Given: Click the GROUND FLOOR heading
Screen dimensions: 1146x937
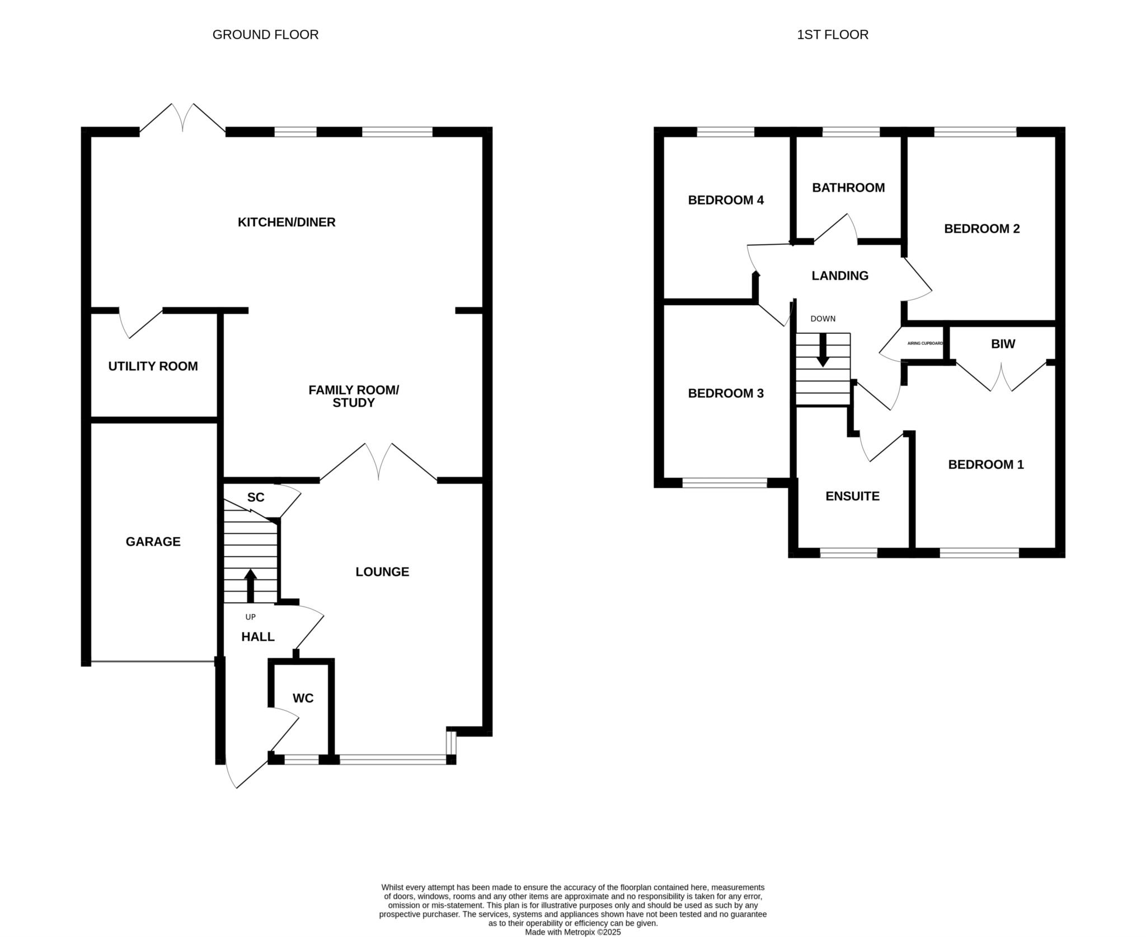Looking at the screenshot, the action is pyautogui.click(x=265, y=35).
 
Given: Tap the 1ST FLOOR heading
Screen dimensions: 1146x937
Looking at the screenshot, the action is pyautogui.click(x=833, y=35).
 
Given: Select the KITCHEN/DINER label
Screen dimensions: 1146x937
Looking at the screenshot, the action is pyautogui.click(x=286, y=222).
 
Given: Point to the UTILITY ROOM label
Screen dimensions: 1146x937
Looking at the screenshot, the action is pyautogui.click(x=153, y=366).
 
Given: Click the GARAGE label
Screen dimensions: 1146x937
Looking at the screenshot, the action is pyautogui.click(x=153, y=542).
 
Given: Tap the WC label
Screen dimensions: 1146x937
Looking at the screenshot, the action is pyautogui.click(x=303, y=698).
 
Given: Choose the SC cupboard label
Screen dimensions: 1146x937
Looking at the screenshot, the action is pyautogui.click(x=256, y=497).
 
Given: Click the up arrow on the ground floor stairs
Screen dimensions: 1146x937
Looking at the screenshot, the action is pyautogui.click(x=250, y=586).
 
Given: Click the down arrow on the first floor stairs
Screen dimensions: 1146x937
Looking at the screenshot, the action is pyautogui.click(x=822, y=351).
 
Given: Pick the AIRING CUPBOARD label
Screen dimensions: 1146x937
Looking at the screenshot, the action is pyautogui.click(x=925, y=343).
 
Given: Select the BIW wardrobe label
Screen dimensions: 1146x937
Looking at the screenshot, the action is pyautogui.click(x=1003, y=344).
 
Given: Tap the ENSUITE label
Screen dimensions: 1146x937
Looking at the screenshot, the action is pyautogui.click(x=852, y=496).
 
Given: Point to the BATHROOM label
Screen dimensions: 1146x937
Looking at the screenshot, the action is pyautogui.click(x=848, y=188).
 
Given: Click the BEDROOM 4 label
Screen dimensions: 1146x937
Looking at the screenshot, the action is pyautogui.click(x=726, y=200).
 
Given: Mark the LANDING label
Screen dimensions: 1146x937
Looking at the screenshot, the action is pyautogui.click(x=840, y=276).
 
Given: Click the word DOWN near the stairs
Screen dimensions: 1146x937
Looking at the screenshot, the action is pyautogui.click(x=823, y=319).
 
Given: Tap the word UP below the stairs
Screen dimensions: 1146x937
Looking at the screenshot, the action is pyautogui.click(x=250, y=617).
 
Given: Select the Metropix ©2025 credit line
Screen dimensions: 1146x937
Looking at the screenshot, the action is pyautogui.click(x=573, y=933).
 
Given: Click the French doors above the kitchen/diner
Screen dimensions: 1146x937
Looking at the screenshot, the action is pyautogui.click(x=182, y=118).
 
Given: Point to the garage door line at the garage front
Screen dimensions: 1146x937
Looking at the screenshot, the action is pyautogui.click(x=153, y=661).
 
